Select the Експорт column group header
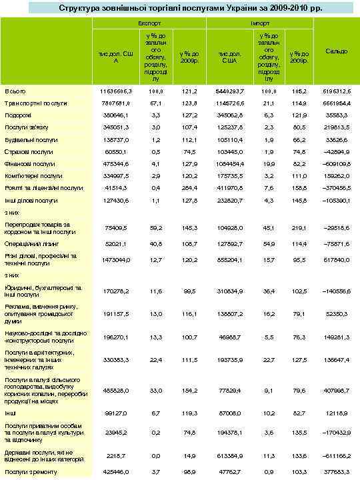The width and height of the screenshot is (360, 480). [149, 23]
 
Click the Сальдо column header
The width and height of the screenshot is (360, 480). [335, 51]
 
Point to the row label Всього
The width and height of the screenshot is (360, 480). [15, 91]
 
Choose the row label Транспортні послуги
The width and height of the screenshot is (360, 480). [35, 103]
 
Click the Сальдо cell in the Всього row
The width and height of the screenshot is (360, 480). [335, 91]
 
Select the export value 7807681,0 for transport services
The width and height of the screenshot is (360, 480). [116, 103]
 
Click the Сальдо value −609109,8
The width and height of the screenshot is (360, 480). [335, 164]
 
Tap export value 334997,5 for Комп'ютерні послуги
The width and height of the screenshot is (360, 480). [116, 176]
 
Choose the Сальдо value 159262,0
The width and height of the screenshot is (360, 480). [335, 176]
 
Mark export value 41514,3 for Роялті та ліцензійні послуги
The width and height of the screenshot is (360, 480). [117, 189]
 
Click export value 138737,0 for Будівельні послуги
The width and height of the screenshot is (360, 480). [116, 140]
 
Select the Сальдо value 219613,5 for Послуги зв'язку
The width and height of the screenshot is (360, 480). [335, 127]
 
